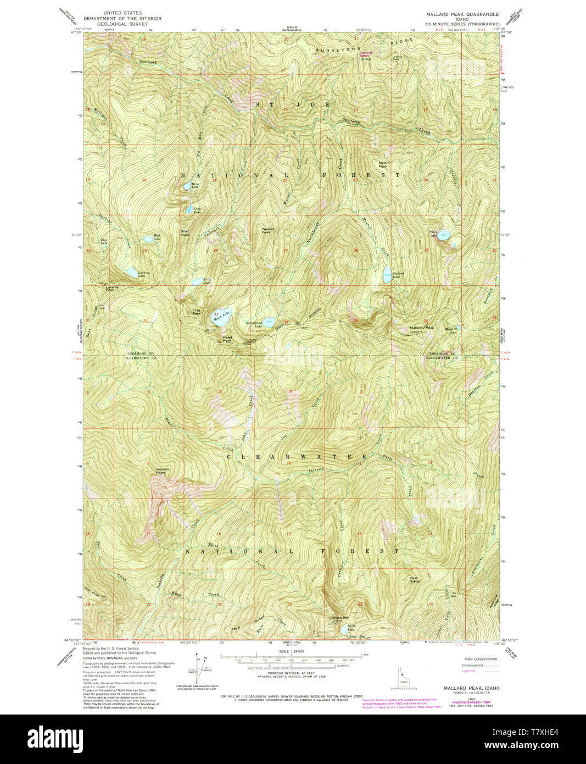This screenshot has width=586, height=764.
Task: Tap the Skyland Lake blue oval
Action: coord(387,276)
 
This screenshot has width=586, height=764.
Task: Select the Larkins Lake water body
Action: coord(132,272)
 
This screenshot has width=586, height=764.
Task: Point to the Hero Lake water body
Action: coord(187,186)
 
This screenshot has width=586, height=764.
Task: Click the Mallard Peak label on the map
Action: coord(421,328)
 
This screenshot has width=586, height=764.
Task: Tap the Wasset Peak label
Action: coord(267,231)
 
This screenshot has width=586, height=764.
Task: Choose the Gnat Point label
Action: coord(185,233)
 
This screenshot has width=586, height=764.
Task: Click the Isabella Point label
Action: coord(160,470)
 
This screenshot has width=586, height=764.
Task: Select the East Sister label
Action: coord(415,579)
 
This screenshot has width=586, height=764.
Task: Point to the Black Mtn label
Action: coord(341,617)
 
